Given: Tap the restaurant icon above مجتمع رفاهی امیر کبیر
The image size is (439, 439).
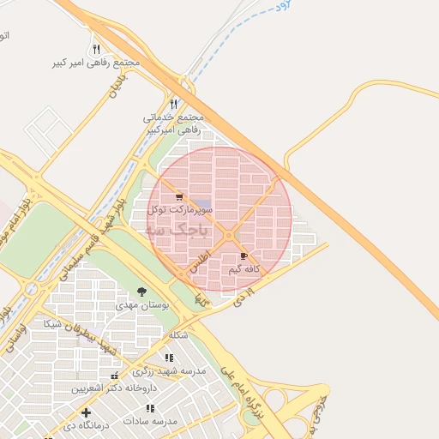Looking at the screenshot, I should tap(96, 49).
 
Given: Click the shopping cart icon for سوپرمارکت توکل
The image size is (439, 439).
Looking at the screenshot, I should tap(178, 197).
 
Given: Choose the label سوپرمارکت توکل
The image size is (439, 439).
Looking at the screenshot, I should tap(175, 209).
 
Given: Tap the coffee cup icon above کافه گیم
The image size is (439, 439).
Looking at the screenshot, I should tap(244, 256).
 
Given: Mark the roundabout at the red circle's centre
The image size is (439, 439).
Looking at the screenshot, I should tap(229, 234).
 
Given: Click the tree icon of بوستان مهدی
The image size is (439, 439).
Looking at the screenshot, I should tap(141, 292).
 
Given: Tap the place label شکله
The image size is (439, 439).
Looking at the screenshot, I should tap(178, 334).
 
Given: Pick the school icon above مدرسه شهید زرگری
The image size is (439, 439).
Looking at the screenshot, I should tap(169, 358).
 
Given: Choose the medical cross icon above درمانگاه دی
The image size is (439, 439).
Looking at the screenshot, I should tap(86, 412).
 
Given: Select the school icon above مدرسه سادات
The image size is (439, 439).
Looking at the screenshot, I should tap(151, 408).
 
